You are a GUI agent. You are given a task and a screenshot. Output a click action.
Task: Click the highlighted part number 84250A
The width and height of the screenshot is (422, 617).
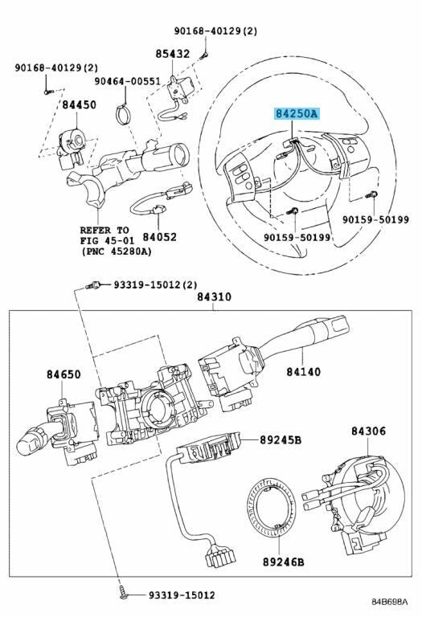click(297, 114)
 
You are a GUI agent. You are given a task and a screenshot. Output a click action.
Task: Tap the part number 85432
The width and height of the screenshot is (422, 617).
click(173, 54)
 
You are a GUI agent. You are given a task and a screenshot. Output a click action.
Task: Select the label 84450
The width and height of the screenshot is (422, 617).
click(79, 104)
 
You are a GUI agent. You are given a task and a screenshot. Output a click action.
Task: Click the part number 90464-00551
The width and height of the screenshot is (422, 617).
click(127, 81)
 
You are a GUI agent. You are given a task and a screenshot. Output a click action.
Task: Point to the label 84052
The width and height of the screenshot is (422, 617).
click(159, 237)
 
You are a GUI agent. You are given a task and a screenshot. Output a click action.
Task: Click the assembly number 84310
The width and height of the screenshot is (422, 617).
click(214, 297)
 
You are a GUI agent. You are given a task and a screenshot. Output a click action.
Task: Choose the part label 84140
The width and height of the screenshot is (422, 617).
click(304, 371)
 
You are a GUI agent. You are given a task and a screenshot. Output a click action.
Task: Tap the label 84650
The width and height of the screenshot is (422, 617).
click(64, 374)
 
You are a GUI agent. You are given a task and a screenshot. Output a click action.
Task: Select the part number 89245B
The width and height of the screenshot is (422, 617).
click(281, 439)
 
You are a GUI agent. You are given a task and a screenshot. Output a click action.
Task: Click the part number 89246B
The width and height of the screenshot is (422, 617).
click(284, 562)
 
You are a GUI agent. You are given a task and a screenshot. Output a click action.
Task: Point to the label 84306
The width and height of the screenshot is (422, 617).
click(368, 431)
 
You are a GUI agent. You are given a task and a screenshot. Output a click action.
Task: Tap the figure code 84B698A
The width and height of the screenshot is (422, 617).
click(390, 602)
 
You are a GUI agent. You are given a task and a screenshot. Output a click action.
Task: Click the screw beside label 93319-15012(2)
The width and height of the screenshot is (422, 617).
click(93, 284)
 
